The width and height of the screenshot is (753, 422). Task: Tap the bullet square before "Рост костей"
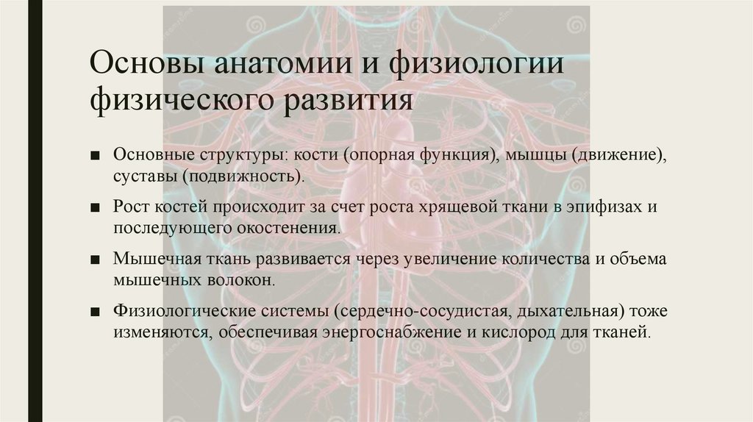pos(96,208)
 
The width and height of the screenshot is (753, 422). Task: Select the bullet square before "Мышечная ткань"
pos(96,260)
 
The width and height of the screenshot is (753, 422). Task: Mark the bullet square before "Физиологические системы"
pos(96,312)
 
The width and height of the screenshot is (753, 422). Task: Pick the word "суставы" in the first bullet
pos(146,177)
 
